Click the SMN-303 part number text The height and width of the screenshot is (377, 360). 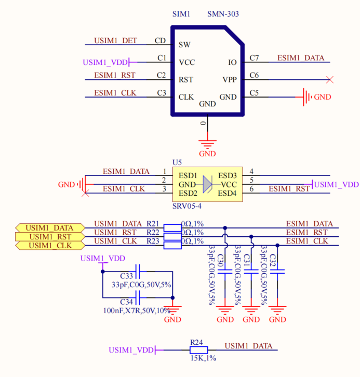(x=223, y=14)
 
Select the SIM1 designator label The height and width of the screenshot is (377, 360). (x=181, y=14)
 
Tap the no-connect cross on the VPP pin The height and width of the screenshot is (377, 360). (x=330, y=79)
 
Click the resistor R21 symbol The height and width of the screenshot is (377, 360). (x=172, y=227)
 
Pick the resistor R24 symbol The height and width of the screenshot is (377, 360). (x=198, y=350)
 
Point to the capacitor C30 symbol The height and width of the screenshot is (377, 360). (x=225, y=272)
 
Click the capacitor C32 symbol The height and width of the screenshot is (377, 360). (x=277, y=272)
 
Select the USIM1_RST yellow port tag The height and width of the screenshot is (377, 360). (x=50, y=237)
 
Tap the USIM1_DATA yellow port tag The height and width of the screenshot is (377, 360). (x=50, y=228)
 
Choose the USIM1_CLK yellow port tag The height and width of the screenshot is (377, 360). (x=50, y=246)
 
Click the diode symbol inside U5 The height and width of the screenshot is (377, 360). (x=207, y=184)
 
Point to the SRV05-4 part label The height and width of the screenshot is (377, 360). (x=187, y=206)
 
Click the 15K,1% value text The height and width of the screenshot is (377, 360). (x=203, y=358)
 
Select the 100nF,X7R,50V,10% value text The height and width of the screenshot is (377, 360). (x=137, y=311)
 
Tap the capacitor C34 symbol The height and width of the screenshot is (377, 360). (x=138, y=298)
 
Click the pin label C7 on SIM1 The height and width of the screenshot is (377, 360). (x=254, y=58)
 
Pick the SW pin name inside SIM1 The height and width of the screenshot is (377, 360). (x=184, y=45)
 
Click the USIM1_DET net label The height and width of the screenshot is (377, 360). (x=115, y=41)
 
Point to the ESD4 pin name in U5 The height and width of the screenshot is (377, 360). (x=227, y=193)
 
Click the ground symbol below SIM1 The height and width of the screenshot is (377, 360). (x=207, y=144)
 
